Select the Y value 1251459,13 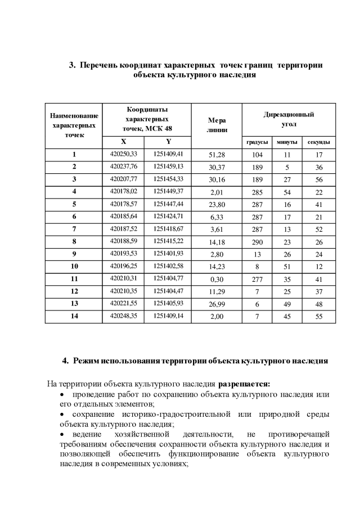pos(168,166)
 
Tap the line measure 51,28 pos(217,154)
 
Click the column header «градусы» pos(257,142)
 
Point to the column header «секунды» pos(318,142)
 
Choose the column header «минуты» pos(287,142)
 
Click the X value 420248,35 pos(124,317)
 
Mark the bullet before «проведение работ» pos(62,395)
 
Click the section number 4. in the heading pos(65,361)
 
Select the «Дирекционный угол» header pos(289,119)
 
